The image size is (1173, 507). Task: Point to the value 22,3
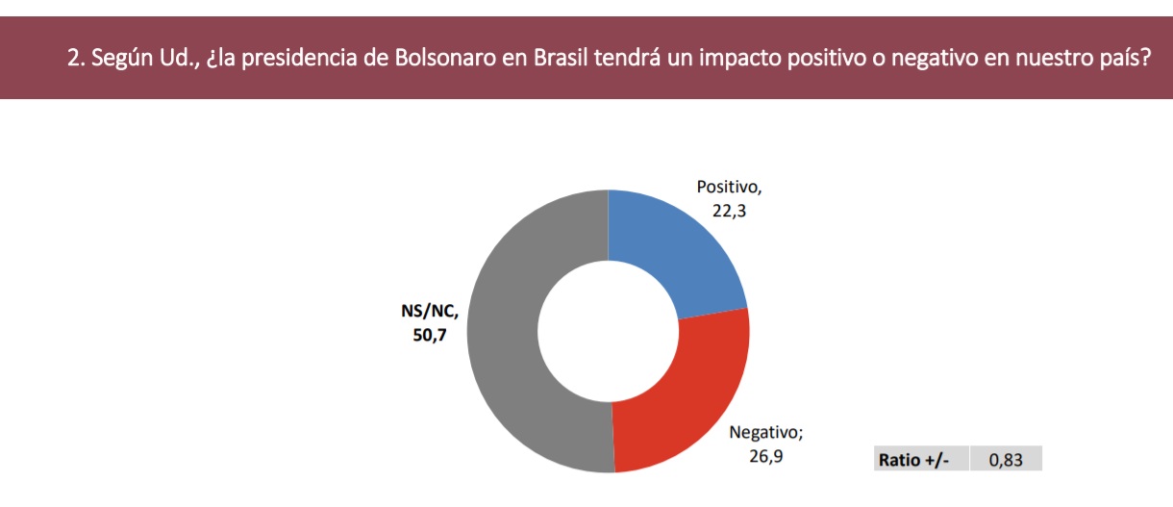[x=729, y=211]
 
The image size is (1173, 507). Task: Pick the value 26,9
[x=765, y=456]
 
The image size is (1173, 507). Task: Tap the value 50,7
[x=430, y=335]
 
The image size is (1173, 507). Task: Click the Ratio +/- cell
[x=921, y=459]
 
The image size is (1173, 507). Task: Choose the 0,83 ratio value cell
[x=1006, y=459]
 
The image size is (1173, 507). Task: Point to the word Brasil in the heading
[x=561, y=58]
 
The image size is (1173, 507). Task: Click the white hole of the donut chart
[x=608, y=331]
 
